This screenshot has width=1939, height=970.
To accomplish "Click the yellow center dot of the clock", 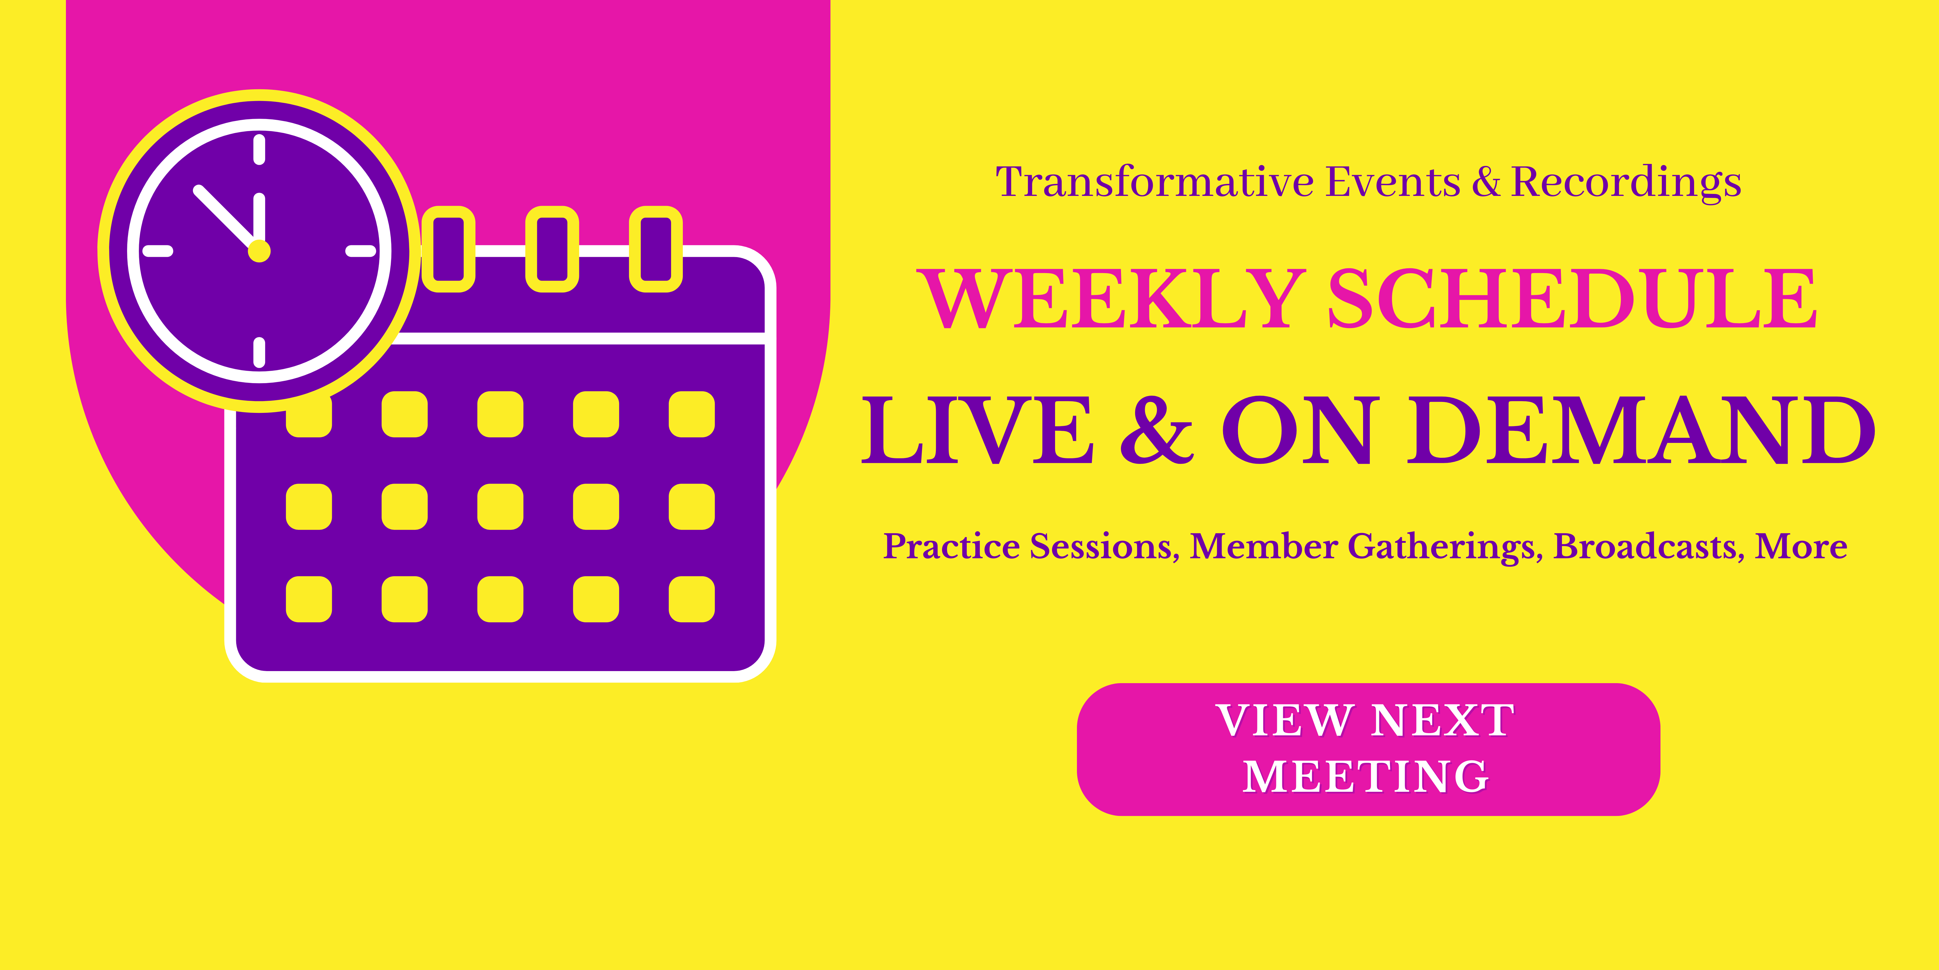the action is pyautogui.click(x=259, y=251).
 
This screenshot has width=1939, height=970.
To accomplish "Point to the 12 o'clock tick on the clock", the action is pyautogui.click(x=259, y=149).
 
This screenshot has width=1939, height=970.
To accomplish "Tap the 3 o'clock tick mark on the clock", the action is pyautogui.click(x=360, y=251).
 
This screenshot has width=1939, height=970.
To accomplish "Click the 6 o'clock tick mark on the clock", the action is pyautogui.click(x=259, y=353).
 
